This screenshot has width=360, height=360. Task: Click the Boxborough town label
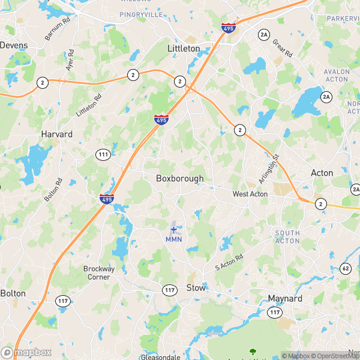tap(179, 178)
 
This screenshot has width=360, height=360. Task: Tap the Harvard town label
tap(56, 134)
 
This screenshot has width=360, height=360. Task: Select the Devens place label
tap(13, 45)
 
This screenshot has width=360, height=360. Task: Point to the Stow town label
tap(196, 288)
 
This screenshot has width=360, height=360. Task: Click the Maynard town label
tap(284, 298)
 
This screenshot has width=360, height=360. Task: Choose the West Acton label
tap(250, 194)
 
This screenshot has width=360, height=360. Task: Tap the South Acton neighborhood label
tap(287, 236)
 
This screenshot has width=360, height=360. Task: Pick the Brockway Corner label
tap(99, 273)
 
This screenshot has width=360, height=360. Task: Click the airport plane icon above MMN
tap(174, 229)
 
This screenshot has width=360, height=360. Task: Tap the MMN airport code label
tap(173, 239)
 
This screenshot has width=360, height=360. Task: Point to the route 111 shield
tap(103, 155)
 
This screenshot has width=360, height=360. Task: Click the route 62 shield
tap(345, 268)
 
